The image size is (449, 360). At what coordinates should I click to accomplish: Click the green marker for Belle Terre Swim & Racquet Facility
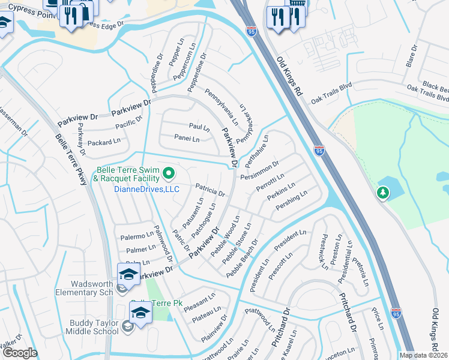[169, 175]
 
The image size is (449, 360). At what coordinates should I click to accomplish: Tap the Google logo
[19, 353]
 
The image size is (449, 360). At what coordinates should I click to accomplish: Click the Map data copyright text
[424, 355]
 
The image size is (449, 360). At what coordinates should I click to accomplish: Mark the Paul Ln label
[199, 128]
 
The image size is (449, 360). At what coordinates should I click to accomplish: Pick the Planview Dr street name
[214, 326]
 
